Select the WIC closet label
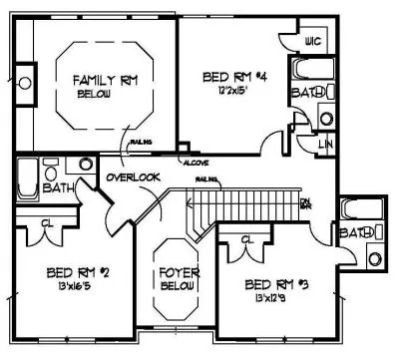click(x=312, y=42)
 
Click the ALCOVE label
click(x=193, y=162)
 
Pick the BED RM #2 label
click(x=70, y=270)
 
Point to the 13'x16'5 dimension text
click(x=71, y=285)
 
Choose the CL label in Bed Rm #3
click(x=247, y=240)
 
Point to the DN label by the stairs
click(x=304, y=203)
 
